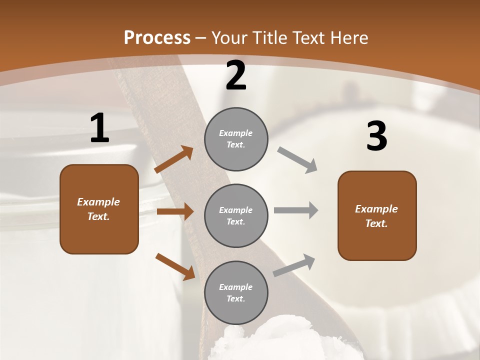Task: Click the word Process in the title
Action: (157, 38)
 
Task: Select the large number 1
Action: (99, 128)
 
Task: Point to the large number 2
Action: (236, 76)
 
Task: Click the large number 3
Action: (376, 136)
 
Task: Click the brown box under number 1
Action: (99, 209)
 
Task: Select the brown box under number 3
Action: (377, 215)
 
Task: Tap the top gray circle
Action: (236, 139)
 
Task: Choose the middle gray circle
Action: (236, 215)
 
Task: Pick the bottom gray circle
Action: (236, 292)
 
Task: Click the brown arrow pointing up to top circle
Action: (174, 159)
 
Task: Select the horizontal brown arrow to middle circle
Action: (175, 211)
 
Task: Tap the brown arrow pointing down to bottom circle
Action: (175, 266)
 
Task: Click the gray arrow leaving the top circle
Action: (297, 160)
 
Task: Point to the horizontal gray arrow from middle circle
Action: (296, 210)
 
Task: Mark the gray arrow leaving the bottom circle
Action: (294, 265)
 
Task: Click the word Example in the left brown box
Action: (98, 202)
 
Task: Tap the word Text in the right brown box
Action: (376, 223)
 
